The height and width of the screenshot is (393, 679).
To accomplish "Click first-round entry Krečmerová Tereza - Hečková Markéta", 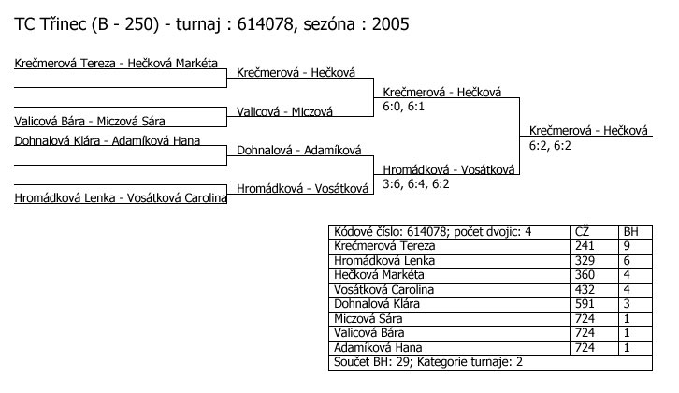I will (x=116, y=64).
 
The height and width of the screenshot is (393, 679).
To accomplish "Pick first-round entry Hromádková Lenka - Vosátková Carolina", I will (x=122, y=197).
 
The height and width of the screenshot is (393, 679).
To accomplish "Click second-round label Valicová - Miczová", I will (x=285, y=111).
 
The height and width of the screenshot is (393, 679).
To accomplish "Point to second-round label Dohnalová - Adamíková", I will (x=299, y=150).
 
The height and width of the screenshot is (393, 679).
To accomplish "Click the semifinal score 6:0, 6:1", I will (x=404, y=108).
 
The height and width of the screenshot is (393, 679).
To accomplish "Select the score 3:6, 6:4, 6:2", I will (x=416, y=184).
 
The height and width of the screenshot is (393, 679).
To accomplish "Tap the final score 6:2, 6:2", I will (x=551, y=146).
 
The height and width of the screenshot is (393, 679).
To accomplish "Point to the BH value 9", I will (x=627, y=246).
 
